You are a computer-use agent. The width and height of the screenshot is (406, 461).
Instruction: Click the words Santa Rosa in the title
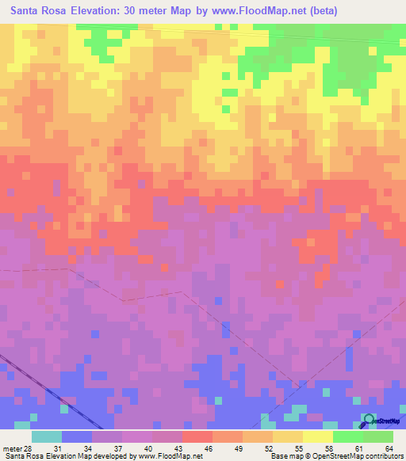[39, 11]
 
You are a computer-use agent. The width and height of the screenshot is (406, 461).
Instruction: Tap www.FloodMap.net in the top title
[259, 11]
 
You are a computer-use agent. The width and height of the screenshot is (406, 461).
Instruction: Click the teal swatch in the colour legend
[47, 437]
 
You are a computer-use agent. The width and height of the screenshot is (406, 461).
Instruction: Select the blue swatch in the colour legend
[77, 437]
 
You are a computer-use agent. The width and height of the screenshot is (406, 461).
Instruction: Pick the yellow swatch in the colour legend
[318, 437]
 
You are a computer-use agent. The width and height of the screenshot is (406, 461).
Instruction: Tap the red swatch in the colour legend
[197, 437]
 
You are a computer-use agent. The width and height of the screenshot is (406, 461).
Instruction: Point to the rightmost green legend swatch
[378, 437]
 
